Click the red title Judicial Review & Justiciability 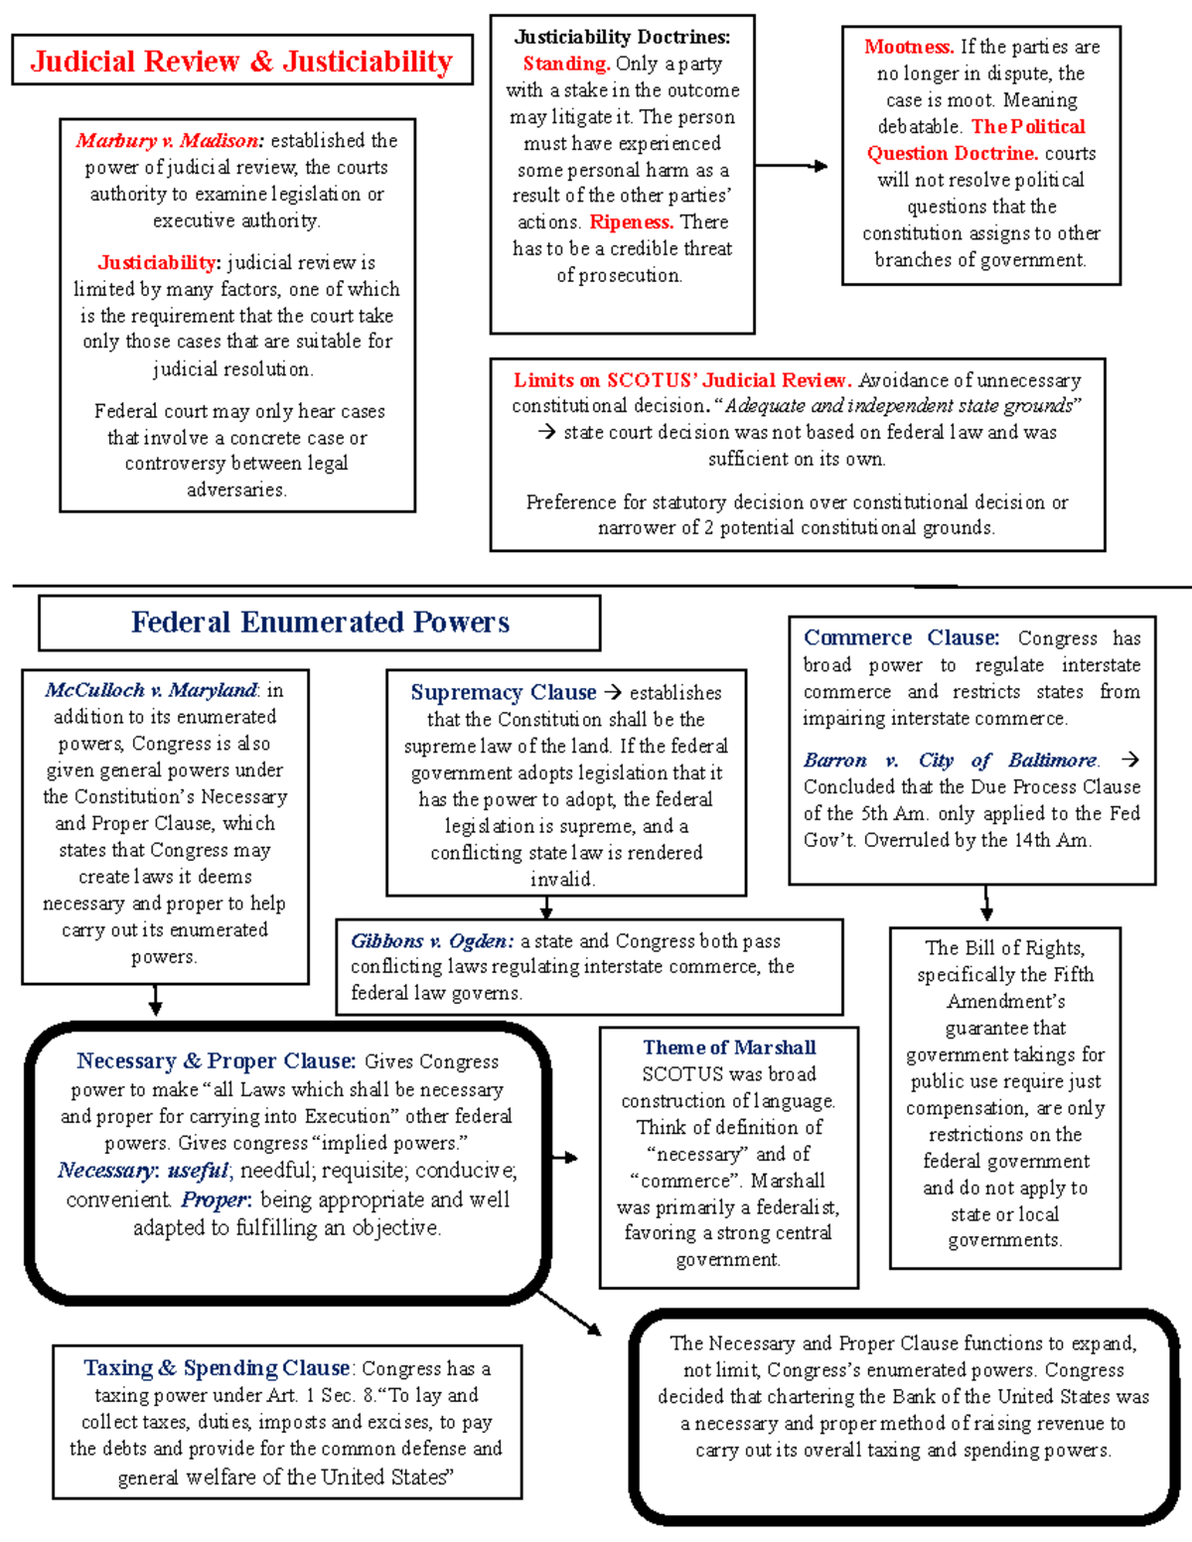[x=241, y=62]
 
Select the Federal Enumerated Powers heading [x=320, y=623]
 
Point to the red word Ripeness [x=631, y=222]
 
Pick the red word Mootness [x=908, y=47]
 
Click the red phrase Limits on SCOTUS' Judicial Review [x=681, y=380]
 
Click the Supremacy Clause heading [x=504, y=692]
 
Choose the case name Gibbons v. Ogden [x=431, y=941]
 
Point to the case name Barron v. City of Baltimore [x=951, y=761]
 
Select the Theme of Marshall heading [x=729, y=1048]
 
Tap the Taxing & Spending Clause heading [x=217, y=1368]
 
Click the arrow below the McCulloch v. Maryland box [x=155, y=1000]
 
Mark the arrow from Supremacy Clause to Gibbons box [x=546, y=908]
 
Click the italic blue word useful [x=198, y=1171]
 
